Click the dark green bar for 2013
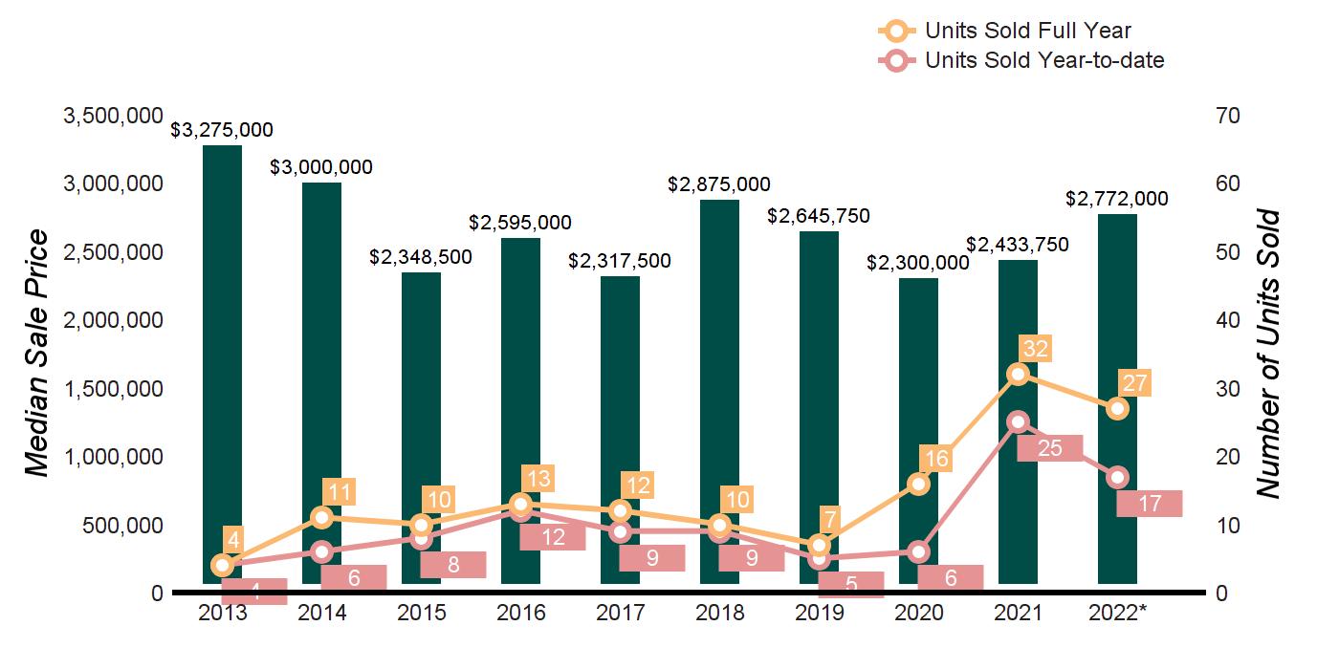pos(222,334)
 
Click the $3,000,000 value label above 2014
pos(321,167)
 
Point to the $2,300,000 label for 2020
pos(918,263)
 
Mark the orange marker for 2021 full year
pos(1018,374)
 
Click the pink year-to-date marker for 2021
pos(1018,421)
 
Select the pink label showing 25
pos(1049,447)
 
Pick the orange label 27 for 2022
pos(1136,382)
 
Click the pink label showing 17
pos(1149,503)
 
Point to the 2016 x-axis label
pos(520,613)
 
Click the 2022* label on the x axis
pos(1117,613)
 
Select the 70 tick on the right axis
pos(1227,116)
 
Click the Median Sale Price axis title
pos(36,354)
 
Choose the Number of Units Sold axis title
pos(1267,354)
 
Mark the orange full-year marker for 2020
pos(918,484)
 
